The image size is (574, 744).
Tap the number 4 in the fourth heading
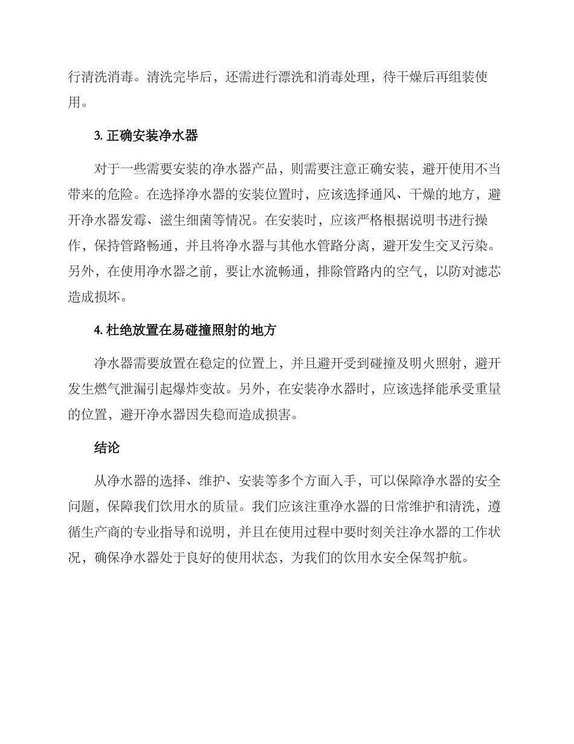97,330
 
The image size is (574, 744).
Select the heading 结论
106,448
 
